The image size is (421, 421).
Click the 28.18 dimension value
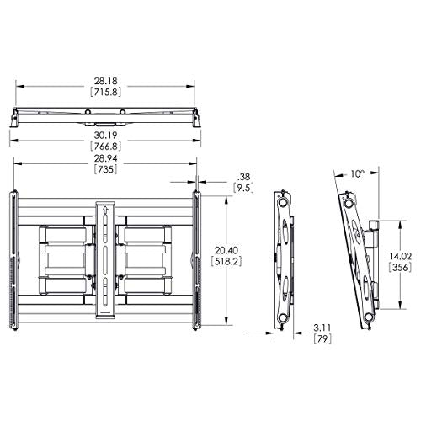click(105, 82)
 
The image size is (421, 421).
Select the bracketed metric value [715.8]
click(105, 92)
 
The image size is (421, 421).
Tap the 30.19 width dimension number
click(105, 136)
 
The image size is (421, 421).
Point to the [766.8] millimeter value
click(105, 147)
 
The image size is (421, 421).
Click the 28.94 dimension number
click(105, 158)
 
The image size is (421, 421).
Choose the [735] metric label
click(105, 169)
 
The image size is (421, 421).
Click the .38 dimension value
click(243, 177)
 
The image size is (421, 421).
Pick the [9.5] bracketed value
click(243, 188)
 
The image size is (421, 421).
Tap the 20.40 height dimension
click(226, 250)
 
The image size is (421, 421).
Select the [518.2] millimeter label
click(226, 261)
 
